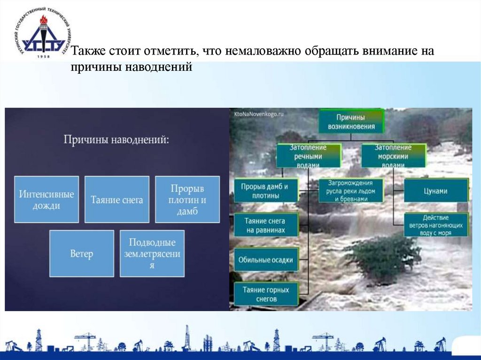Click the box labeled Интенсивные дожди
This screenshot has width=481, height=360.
click(x=47, y=199)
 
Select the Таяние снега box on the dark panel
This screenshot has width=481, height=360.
click(x=117, y=199)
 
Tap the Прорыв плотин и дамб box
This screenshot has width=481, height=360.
click(x=187, y=199)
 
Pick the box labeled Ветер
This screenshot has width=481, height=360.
click(x=82, y=253)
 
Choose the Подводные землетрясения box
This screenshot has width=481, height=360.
click(x=152, y=253)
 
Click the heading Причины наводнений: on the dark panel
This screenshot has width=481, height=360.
click(x=116, y=139)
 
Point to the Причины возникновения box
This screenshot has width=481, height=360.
click(x=352, y=121)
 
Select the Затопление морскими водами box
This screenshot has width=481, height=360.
click(x=394, y=156)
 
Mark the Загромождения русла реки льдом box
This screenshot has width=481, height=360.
click(x=350, y=191)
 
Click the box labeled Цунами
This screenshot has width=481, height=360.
click(x=436, y=191)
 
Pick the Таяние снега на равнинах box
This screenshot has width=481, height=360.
click(x=266, y=225)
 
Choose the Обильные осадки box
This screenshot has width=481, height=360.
click(x=266, y=260)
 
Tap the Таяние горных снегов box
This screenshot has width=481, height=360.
click(x=266, y=294)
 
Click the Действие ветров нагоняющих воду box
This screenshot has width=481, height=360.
click(x=436, y=225)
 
